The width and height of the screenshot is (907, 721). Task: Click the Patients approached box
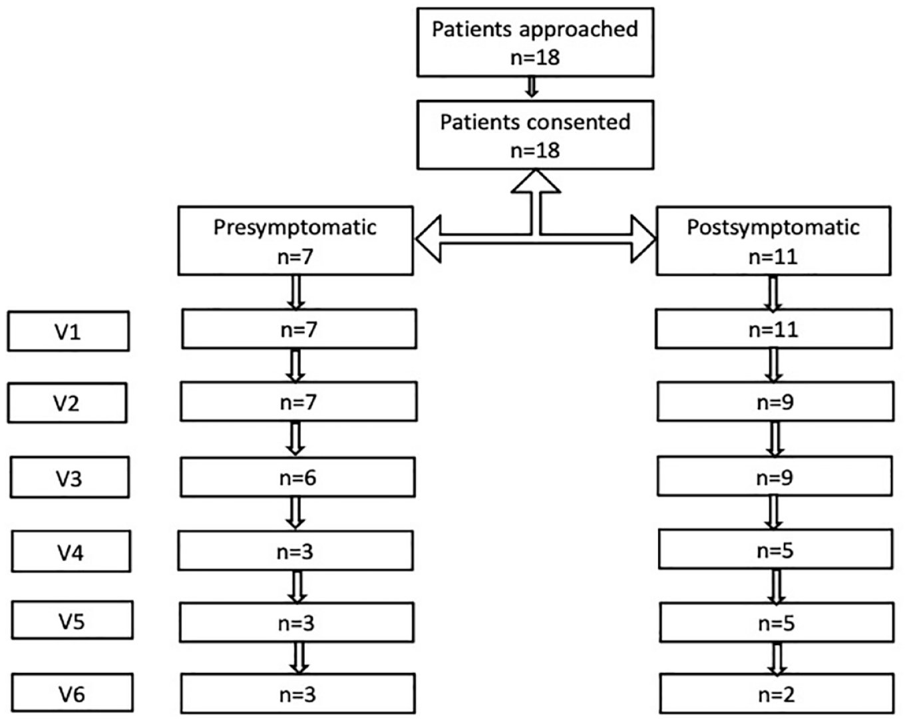coord(535,42)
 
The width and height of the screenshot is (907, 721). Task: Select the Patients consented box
coord(535,135)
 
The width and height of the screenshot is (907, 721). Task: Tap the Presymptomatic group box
coord(295,241)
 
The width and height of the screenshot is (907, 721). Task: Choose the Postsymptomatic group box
coord(773,241)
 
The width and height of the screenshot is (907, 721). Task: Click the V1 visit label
coord(69,331)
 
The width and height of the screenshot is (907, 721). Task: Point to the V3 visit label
coord(70,477)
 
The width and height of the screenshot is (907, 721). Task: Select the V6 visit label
coord(72,693)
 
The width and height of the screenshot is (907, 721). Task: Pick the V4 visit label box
coord(71,551)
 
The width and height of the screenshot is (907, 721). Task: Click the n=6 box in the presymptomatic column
coord(297,477)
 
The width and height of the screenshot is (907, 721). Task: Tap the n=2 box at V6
coord(777,694)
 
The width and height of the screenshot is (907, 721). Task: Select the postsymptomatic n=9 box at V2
coord(775,401)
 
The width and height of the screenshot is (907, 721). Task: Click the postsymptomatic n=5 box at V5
coord(777,622)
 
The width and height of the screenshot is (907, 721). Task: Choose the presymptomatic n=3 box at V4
coord(295,551)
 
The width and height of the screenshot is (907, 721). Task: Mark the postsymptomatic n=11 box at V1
coord(774,329)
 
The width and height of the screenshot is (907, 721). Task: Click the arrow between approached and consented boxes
coord(532,87)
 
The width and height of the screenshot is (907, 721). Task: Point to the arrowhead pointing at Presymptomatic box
coord(429,238)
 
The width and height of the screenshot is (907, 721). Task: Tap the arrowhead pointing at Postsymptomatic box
coord(643,238)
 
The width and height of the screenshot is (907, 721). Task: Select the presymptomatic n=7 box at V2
coord(299,401)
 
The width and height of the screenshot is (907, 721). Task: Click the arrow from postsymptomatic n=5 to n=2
coord(777,658)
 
